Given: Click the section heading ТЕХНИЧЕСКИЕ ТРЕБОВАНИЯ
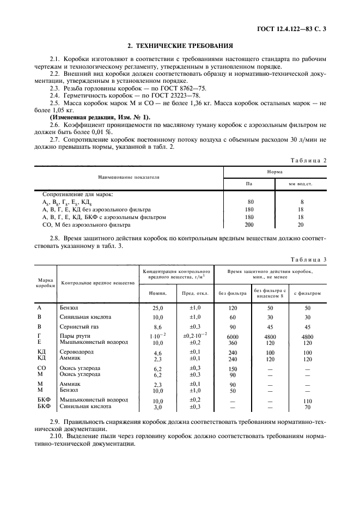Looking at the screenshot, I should [180, 46].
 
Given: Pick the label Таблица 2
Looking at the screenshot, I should [308, 160].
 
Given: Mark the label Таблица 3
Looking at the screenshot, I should [308, 259].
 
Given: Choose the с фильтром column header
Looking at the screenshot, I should [307, 293].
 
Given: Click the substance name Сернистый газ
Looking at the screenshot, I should [79, 326].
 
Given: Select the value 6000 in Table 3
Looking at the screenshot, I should [232, 336].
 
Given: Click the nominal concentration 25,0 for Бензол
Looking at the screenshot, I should [158, 308].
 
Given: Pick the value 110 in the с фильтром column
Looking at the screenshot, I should [307, 400].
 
